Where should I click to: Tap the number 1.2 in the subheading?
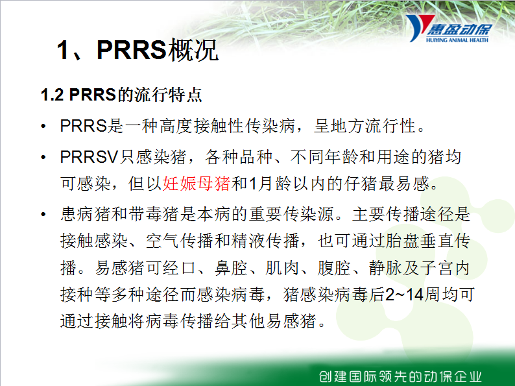(x=52, y=95)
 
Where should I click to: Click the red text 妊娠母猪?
(x=197, y=184)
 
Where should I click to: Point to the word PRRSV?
(x=89, y=157)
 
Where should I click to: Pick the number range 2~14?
(x=404, y=295)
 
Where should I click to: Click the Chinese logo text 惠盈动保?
(x=459, y=30)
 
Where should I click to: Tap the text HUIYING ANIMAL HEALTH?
(x=457, y=40)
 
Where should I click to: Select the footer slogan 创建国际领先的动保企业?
(x=400, y=376)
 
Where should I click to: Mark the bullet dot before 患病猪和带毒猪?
(x=43, y=215)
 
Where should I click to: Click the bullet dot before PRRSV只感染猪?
(x=43, y=158)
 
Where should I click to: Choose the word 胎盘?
(x=403, y=241)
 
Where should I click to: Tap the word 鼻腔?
(x=231, y=268)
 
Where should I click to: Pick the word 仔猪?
(x=361, y=184)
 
